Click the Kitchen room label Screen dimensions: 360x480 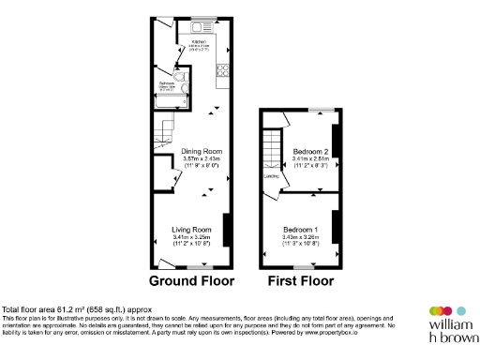click(198, 42)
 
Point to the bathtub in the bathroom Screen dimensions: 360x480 click(185, 90)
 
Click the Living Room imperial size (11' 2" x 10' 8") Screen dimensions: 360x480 click(187, 244)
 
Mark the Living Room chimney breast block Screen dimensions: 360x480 click(227, 228)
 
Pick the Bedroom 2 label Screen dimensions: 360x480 click(310, 152)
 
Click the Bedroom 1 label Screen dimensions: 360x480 click(301, 230)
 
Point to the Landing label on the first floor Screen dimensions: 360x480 click(269, 175)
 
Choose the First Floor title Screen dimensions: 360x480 click(301, 280)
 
